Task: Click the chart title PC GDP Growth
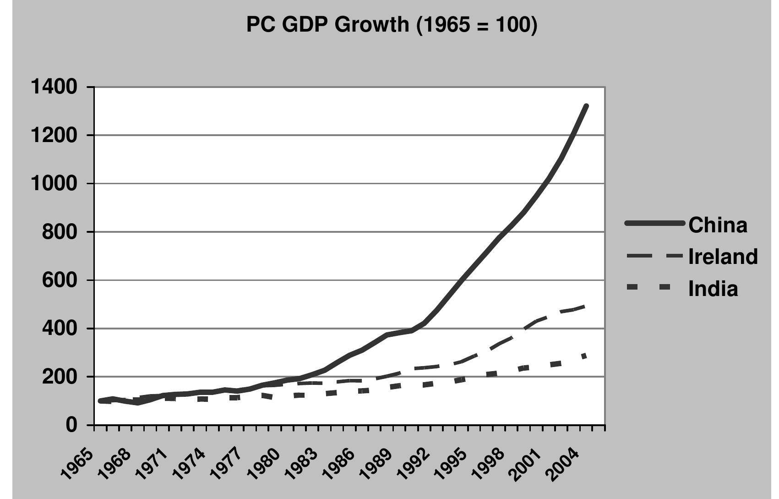click(392, 24)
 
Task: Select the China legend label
click(718, 225)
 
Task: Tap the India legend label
click(713, 289)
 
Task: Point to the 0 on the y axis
click(71, 425)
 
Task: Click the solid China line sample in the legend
click(654, 224)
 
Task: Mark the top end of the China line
click(586, 106)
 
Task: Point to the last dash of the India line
click(584, 356)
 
